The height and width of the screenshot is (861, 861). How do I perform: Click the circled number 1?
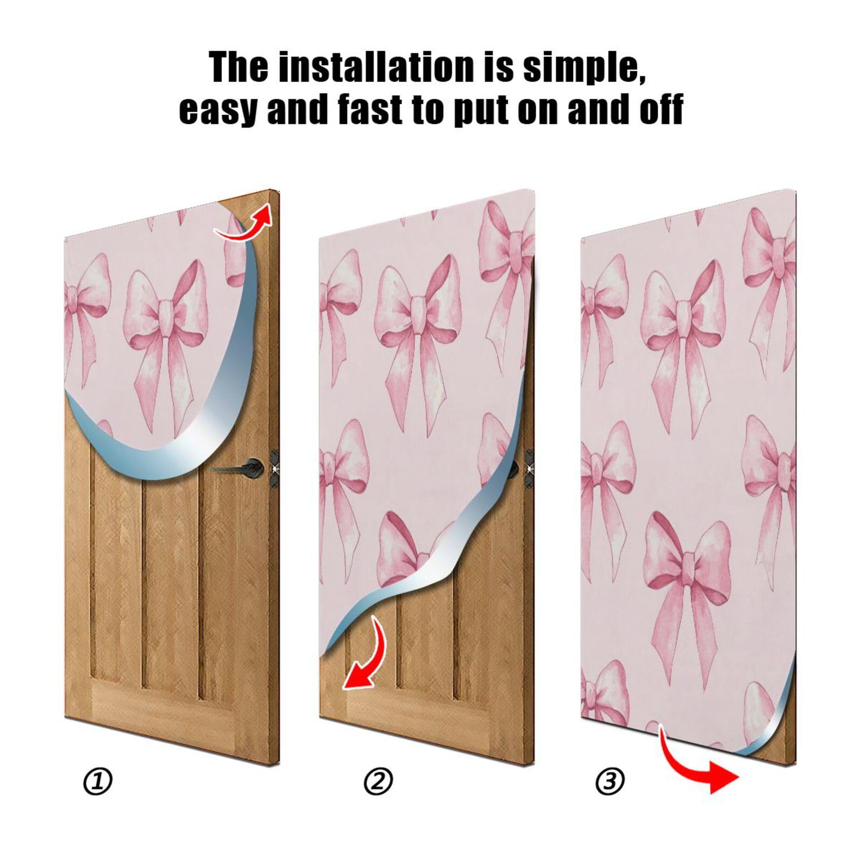[x=98, y=781]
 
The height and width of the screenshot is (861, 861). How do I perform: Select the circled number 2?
[x=378, y=781]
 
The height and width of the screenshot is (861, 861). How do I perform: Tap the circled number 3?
[x=610, y=780]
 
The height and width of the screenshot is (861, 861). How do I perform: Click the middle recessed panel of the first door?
[x=170, y=581]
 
